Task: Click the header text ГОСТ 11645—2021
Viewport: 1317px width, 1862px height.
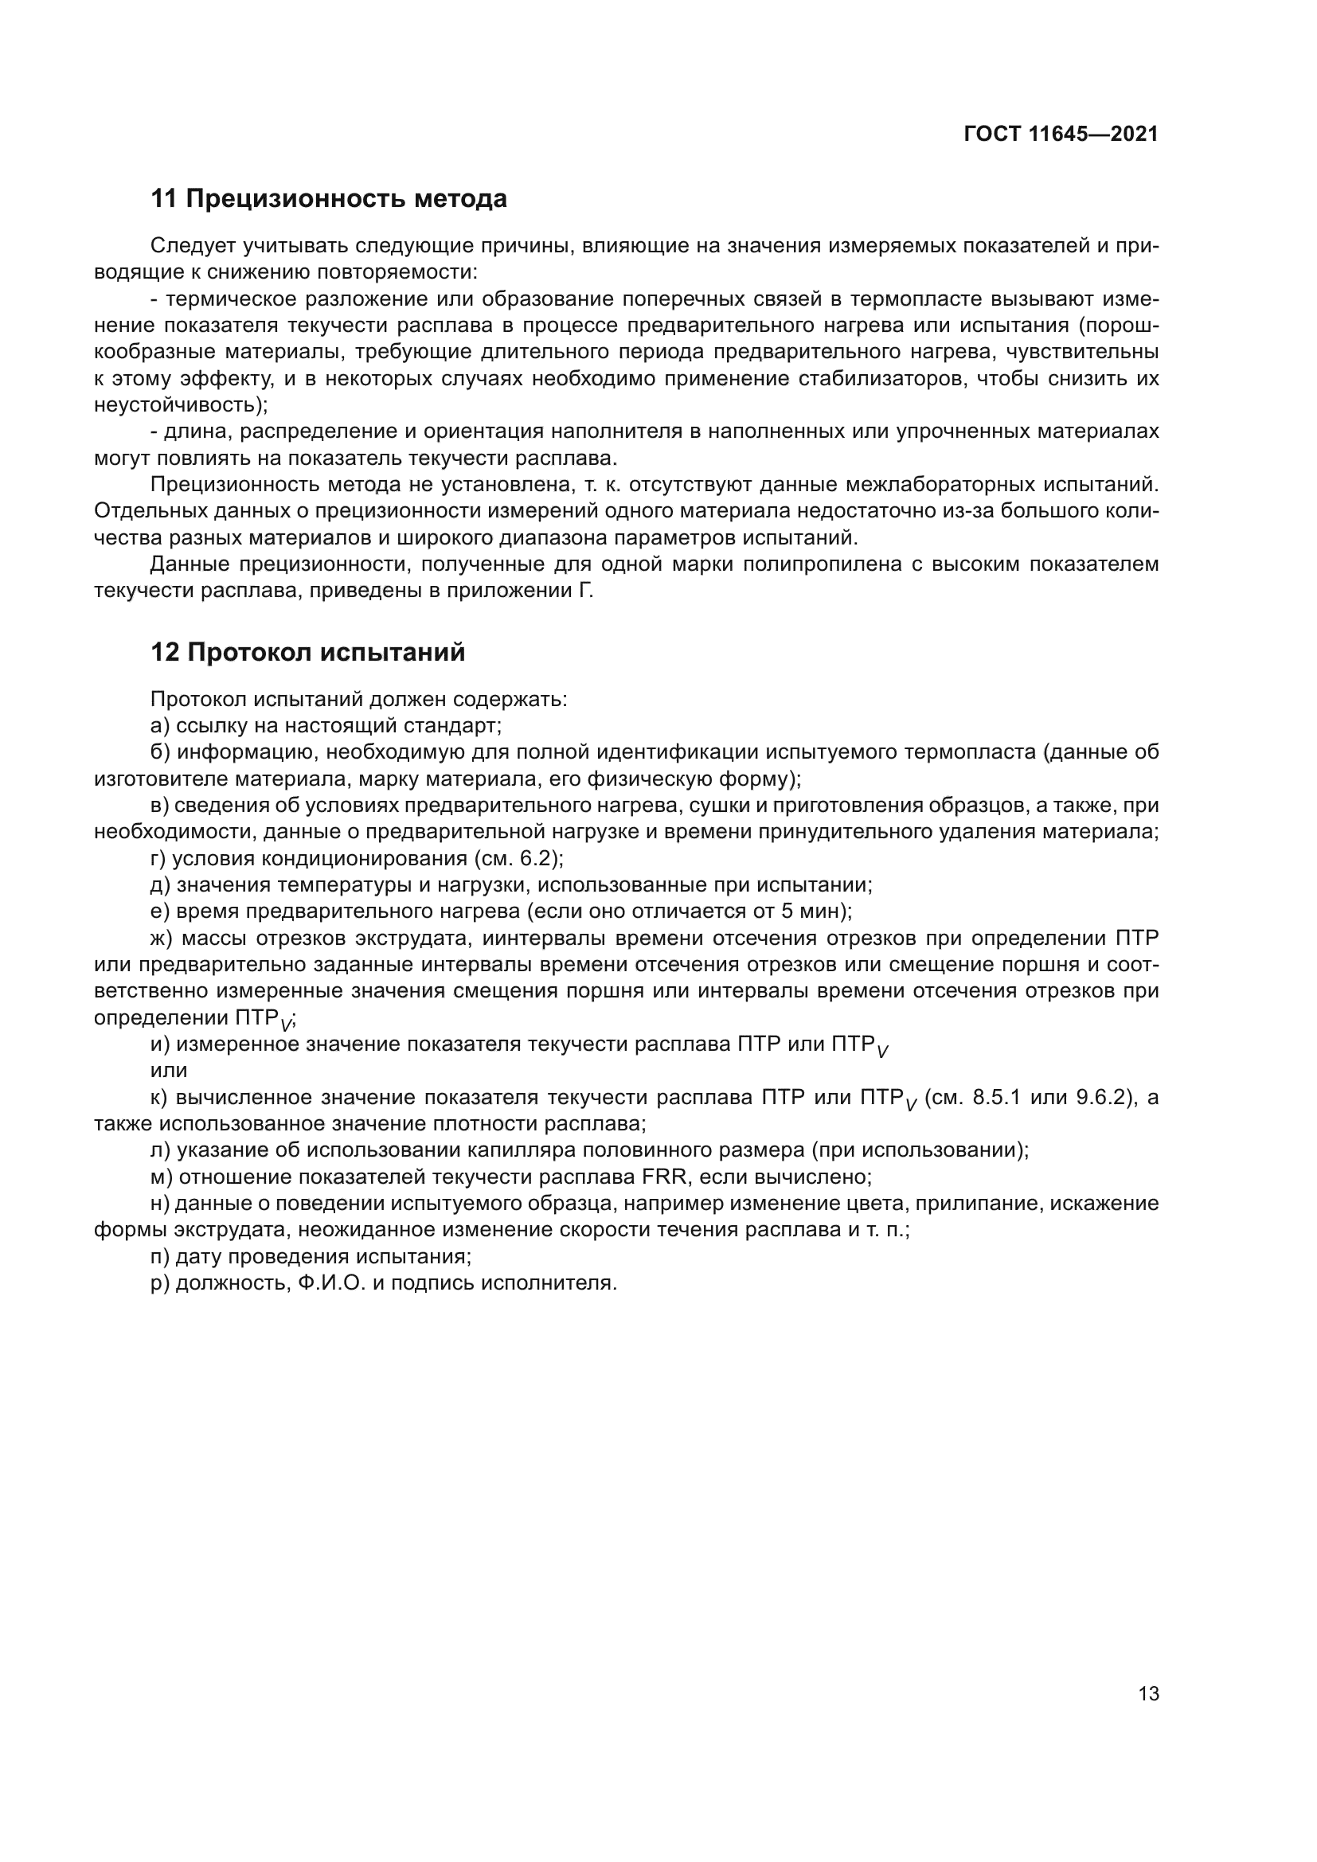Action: tap(1061, 135)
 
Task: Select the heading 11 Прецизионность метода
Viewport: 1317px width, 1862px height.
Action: tap(328, 199)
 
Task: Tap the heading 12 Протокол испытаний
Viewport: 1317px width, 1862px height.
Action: tap(307, 652)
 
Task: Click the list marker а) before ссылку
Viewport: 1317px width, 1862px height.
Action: tap(161, 726)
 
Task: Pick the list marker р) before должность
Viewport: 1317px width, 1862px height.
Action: tap(161, 1283)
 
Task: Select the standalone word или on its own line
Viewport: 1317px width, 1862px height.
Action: tap(169, 1071)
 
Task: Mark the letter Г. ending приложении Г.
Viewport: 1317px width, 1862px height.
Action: tap(586, 591)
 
